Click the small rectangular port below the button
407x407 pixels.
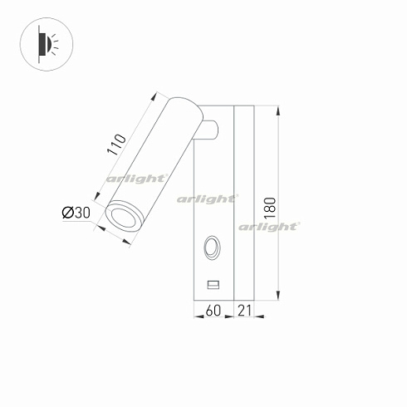click(x=213, y=285)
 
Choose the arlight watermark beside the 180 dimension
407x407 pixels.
click(x=268, y=226)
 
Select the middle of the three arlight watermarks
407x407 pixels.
click(x=208, y=199)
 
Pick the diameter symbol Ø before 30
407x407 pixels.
click(x=67, y=213)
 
